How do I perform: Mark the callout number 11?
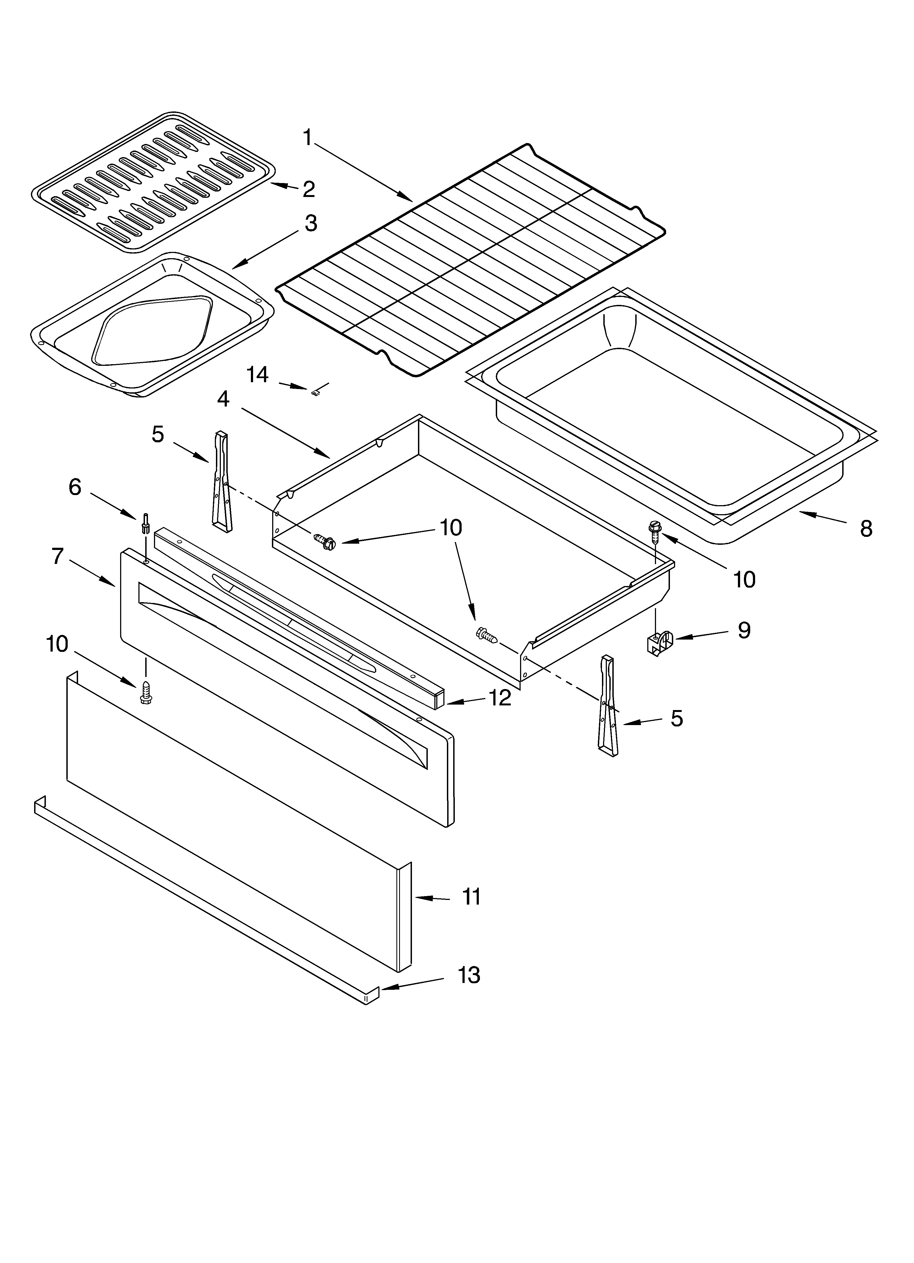(472, 897)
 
